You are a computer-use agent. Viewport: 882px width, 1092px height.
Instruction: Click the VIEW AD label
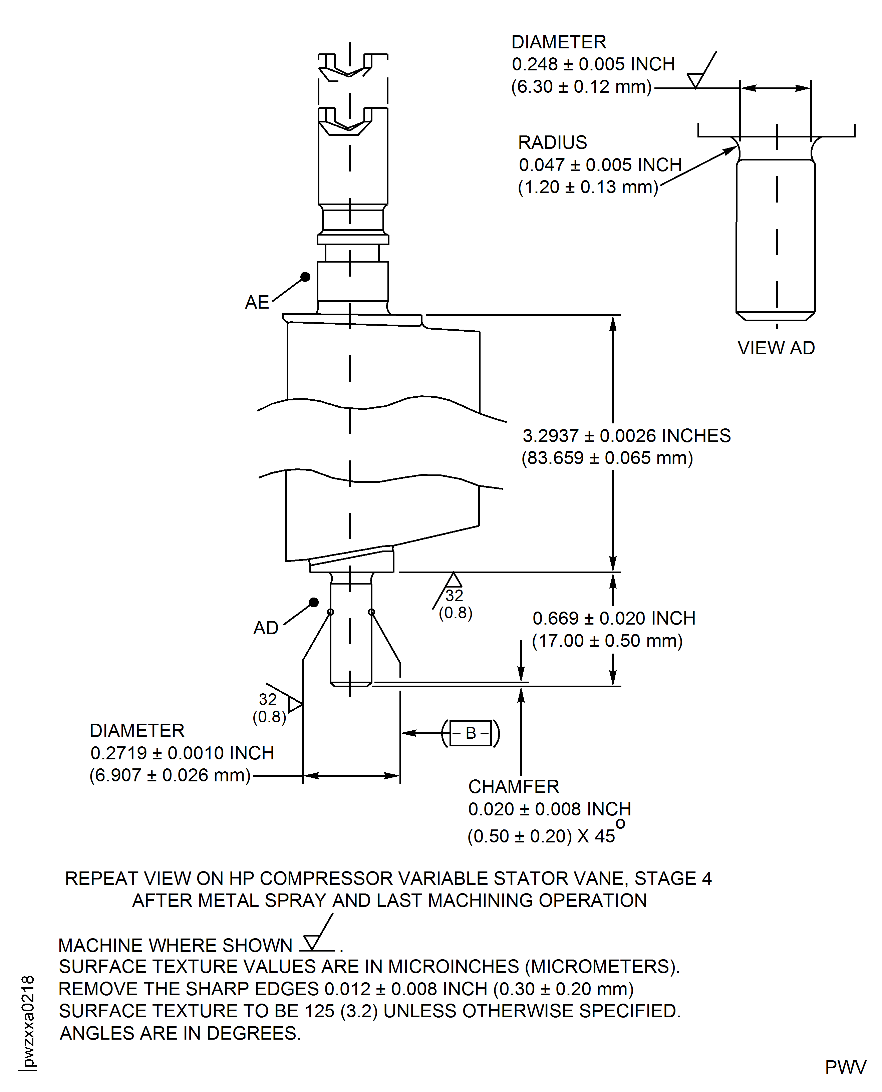click(776, 348)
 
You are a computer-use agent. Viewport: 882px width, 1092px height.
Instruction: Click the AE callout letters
click(257, 302)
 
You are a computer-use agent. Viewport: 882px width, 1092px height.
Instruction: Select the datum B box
click(471, 733)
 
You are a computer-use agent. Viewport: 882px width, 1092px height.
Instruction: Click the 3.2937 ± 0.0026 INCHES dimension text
click(626, 436)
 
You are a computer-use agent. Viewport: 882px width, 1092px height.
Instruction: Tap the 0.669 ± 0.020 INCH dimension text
click(614, 619)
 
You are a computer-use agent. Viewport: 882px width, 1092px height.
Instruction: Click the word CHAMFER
click(513, 787)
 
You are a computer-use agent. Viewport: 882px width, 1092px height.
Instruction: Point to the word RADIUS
click(552, 143)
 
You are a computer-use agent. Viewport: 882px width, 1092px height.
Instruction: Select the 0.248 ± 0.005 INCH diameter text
click(593, 64)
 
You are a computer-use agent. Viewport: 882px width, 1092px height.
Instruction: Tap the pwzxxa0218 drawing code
click(28, 1021)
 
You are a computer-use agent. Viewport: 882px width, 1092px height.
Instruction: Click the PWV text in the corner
click(845, 1068)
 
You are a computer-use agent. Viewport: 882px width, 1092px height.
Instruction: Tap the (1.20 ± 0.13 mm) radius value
click(588, 188)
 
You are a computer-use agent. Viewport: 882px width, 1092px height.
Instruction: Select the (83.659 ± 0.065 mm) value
click(607, 458)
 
